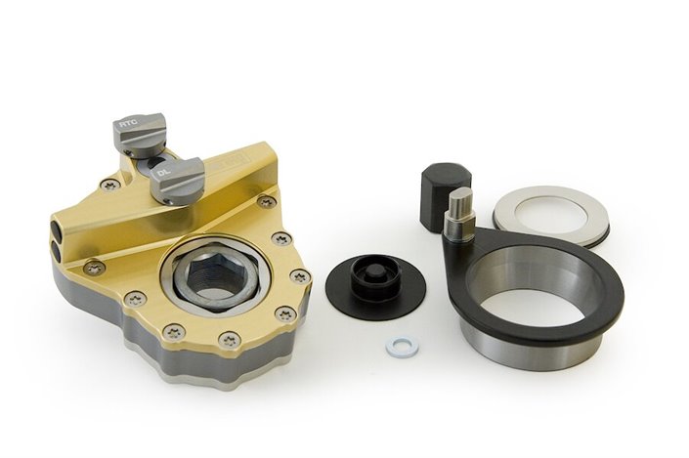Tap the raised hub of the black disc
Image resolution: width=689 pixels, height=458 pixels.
[373, 274]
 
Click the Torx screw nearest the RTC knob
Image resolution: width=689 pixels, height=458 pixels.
[112, 183]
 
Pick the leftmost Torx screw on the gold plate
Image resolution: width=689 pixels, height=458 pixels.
[94, 266]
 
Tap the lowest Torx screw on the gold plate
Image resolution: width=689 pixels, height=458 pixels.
[229, 339]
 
